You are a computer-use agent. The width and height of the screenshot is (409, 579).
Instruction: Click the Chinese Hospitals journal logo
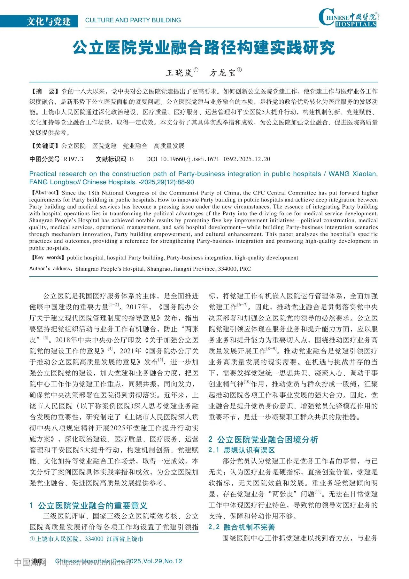(348, 18)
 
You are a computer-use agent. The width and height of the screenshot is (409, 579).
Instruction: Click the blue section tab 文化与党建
(49, 21)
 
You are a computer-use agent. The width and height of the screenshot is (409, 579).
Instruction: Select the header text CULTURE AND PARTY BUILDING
(133, 20)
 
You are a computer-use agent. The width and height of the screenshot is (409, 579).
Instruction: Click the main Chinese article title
(204, 48)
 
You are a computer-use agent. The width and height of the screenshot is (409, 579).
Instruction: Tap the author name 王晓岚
(179, 73)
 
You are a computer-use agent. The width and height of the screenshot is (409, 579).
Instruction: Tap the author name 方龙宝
(222, 73)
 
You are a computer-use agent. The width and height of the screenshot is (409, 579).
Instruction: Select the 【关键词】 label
(44, 146)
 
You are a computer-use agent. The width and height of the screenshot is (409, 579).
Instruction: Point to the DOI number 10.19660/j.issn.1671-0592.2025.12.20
(215, 159)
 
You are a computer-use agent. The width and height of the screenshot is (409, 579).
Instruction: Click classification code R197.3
(73, 159)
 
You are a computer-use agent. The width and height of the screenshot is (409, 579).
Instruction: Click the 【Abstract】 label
(44, 193)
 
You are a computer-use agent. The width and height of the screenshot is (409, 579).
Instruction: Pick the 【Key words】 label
(47, 258)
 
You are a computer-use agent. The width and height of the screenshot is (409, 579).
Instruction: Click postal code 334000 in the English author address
(227, 269)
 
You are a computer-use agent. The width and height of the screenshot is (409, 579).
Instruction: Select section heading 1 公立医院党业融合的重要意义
(89, 506)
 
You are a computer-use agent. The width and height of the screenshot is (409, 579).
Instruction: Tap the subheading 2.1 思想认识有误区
(242, 450)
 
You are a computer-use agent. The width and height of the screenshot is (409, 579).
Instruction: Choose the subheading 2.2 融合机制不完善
(242, 527)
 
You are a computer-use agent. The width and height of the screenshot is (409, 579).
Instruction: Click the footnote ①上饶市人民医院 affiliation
(86, 539)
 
